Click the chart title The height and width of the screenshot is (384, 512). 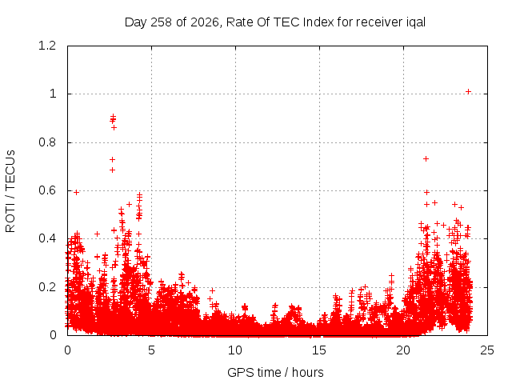click(x=275, y=22)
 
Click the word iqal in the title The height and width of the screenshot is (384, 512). click(x=416, y=22)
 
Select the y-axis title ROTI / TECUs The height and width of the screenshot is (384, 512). click(x=10, y=191)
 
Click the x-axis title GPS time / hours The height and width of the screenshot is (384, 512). click(x=275, y=372)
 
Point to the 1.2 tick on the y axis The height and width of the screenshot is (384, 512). click(x=47, y=46)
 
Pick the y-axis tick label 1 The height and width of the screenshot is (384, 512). click(x=53, y=94)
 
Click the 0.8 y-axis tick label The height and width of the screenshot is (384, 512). click(x=47, y=142)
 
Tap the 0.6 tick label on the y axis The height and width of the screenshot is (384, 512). click(x=47, y=190)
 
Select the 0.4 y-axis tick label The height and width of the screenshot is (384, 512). click(x=47, y=238)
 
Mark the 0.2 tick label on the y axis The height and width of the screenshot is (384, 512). click(x=47, y=287)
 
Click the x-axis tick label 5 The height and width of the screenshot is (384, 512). click(x=151, y=350)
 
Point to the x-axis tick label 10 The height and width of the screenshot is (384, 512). click(x=235, y=350)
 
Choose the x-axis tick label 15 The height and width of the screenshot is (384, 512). click(x=319, y=350)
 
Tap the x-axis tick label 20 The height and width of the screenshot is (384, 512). click(x=403, y=350)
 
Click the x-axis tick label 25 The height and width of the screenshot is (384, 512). click(x=487, y=350)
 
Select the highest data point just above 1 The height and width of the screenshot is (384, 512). click(x=468, y=91)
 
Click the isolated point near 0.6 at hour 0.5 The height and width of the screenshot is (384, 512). click(x=77, y=192)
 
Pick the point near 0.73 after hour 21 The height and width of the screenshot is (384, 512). click(x=426, y=158)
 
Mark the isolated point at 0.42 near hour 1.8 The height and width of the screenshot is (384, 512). click(x=97, y=234)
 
